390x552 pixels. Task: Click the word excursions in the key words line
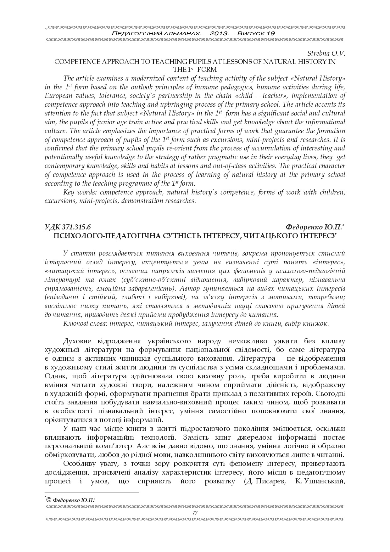point(59,201)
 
